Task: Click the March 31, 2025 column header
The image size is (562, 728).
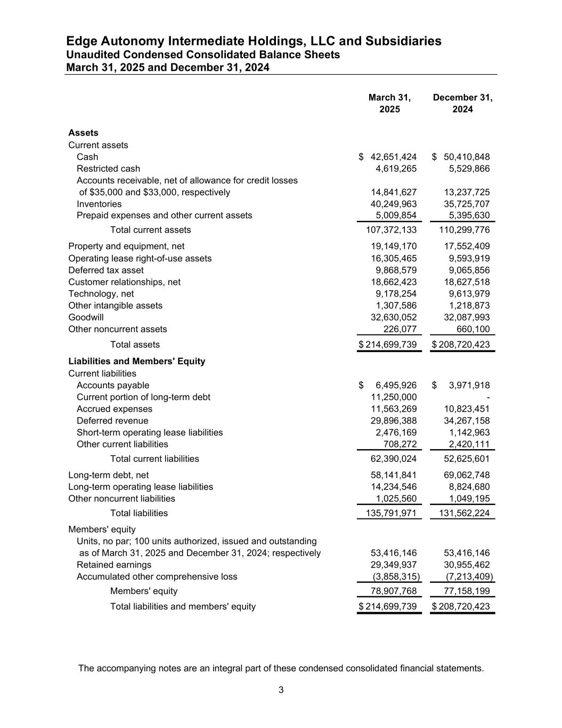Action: click(389, 103)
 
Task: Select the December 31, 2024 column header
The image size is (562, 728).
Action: click(462, 103)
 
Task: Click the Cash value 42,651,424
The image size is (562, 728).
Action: click(393, 157)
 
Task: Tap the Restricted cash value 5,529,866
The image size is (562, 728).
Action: click(467, 169)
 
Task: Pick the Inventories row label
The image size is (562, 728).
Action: click(99, 204)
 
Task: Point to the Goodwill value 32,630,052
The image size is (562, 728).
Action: click(393, 317)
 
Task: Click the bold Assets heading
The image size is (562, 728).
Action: click(83, 133)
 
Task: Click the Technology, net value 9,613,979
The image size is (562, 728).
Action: click(467, 294)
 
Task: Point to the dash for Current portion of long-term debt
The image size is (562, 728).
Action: click(488, 397)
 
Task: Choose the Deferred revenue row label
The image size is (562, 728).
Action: click(112, 421)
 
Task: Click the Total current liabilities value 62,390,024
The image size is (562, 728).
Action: click(393, 459)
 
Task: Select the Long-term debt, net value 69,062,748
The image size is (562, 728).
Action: click(467, 475)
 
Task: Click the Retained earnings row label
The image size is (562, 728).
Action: click(114, 565)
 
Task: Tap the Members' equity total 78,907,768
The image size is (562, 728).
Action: click(393, 591)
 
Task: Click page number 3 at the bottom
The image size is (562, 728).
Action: click(281, 690)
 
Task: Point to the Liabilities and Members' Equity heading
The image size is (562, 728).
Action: click(136, 361)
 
